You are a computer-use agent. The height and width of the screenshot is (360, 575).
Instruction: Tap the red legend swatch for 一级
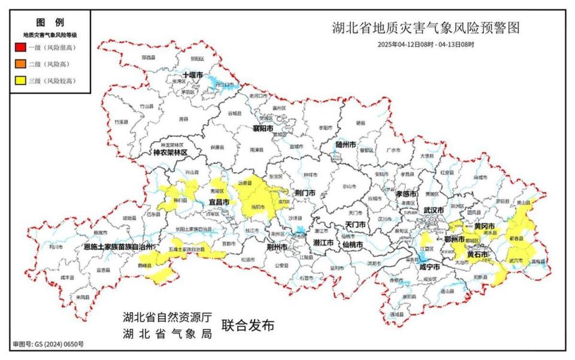coord(20,47)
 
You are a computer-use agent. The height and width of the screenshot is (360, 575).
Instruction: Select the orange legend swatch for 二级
coord(20,64)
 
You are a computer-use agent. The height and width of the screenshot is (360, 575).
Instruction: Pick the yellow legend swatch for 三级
coord(20,80)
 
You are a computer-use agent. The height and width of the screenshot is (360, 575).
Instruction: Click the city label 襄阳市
coord(262,129)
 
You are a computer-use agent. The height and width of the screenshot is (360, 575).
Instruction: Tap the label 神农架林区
coord(170,153)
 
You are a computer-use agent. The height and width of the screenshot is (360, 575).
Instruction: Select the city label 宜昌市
coord(219,203)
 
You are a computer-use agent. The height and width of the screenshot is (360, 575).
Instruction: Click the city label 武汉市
coord(433,211)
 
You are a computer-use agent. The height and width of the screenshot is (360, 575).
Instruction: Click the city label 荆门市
coord(305,193)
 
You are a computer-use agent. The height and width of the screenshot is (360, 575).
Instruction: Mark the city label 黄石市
coord(477,254)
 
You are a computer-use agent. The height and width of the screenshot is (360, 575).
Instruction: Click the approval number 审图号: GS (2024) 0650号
coord(48,344)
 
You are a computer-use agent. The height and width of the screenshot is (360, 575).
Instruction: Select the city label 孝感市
coord(406,194)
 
